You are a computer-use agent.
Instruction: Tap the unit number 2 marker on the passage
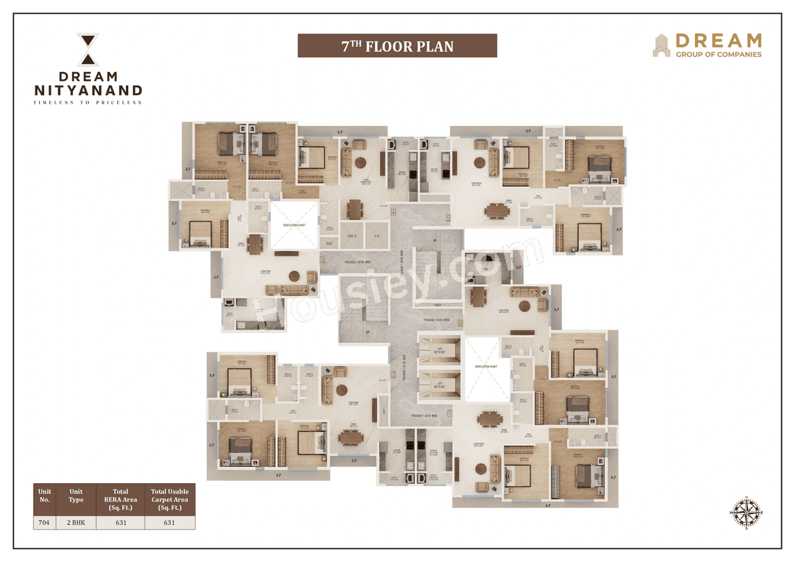393,357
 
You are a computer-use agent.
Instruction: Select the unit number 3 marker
322,261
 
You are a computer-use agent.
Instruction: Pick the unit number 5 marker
448,218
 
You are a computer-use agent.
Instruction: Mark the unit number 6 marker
460,323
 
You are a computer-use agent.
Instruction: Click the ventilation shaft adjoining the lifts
486,366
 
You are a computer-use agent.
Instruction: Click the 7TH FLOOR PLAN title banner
397,46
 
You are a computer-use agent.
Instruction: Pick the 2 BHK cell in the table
76,522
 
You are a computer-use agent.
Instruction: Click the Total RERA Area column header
120,499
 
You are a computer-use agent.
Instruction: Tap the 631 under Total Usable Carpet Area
170,522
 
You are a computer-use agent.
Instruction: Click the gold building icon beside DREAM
661,45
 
